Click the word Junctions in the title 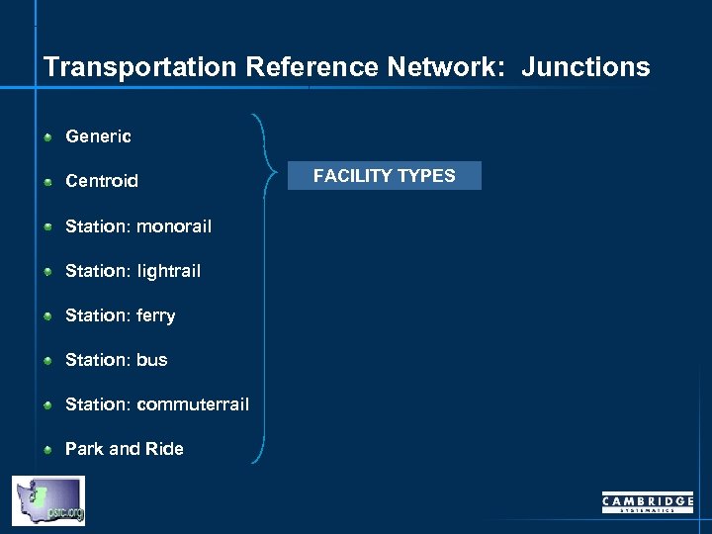point(585,67)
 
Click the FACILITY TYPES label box point(385,176)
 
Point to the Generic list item point(98,136)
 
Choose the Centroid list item point(102,181)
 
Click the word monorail point(174,226)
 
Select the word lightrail point(168,271)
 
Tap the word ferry point(156,315)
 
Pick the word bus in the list point(152,360)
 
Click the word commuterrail point(193,404)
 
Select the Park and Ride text point(125,449)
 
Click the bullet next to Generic point(47,137)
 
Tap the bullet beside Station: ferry point(47,316)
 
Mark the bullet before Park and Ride point(47,450)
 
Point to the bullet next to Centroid point(47,182)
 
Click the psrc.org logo point(48,500)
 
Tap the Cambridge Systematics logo point(648,502)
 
